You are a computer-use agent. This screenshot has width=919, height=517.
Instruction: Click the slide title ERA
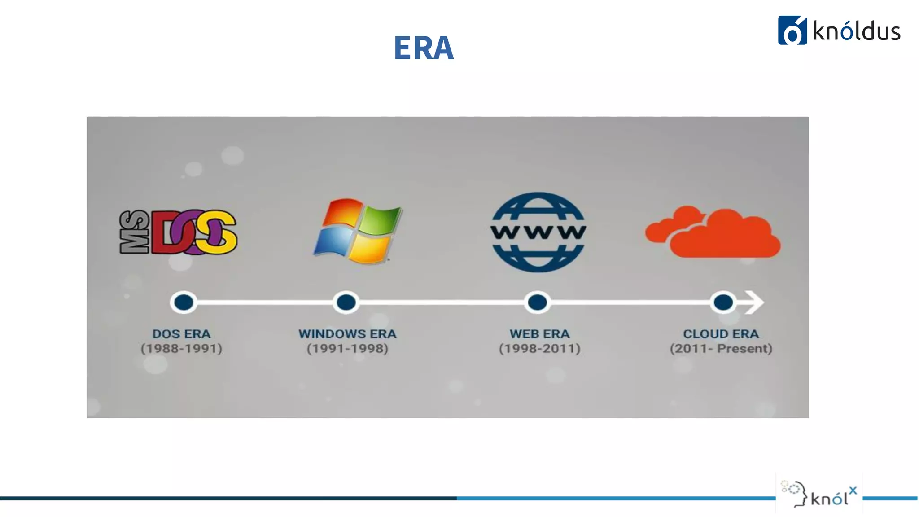point(424,48)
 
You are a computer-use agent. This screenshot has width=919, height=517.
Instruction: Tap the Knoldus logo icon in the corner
point(792,31)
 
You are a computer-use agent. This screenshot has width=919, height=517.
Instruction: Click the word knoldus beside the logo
point(857,31)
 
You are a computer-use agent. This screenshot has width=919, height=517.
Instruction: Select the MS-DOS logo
point(178,232)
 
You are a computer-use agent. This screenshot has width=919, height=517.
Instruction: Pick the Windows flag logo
point(357,231)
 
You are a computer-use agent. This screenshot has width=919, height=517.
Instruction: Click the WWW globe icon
point(538,232)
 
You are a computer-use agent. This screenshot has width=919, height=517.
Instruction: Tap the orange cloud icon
point(713,232)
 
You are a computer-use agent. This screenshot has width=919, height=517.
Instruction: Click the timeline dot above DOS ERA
point(184,302)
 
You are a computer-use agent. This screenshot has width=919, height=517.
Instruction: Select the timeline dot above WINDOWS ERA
point(346,302)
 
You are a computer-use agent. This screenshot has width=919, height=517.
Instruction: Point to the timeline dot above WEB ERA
point(537,302)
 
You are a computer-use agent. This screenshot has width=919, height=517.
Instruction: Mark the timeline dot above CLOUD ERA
point(723,302)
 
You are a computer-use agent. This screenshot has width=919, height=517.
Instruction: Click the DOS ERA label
point(181,334)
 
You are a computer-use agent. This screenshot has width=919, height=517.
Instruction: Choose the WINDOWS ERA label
point(347,334)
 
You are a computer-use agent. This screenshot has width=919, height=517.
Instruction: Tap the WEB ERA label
point(539,334)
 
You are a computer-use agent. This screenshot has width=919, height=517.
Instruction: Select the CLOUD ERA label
point(721,334)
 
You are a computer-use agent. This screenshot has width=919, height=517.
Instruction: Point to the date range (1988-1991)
point(181,349)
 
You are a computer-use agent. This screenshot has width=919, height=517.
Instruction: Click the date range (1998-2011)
point(539,349)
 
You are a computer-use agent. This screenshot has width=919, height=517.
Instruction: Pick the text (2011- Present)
point(721,349)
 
